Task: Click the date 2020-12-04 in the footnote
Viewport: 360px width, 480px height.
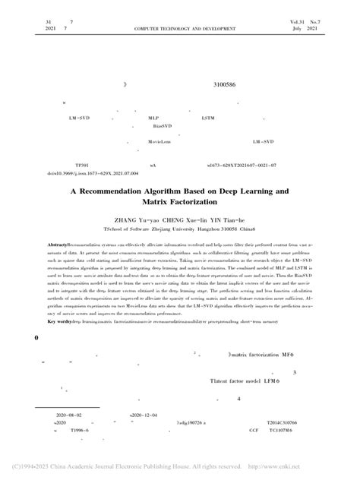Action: pyautogui.click(x=144, y=415)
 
